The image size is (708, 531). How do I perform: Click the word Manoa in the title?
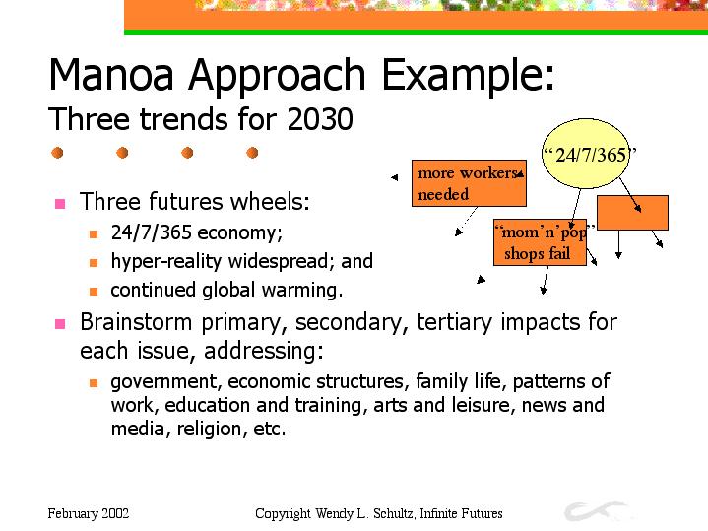point(111,74)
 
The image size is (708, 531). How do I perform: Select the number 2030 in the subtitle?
point(320,119)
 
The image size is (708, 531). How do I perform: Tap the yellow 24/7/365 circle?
point(586,154)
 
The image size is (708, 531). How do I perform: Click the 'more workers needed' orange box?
point(469,183)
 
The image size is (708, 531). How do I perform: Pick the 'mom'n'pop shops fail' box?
point(540,242)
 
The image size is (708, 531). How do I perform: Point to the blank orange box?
point(632,213)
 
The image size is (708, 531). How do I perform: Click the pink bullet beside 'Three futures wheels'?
point(60,203)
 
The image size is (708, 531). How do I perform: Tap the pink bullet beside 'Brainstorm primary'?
point(60,324)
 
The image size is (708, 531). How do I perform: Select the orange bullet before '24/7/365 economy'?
point(94,234)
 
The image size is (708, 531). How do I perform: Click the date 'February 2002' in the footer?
point(89,514)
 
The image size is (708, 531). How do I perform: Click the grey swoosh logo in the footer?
point(596,511)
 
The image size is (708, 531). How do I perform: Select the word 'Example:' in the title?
point(469,74)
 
